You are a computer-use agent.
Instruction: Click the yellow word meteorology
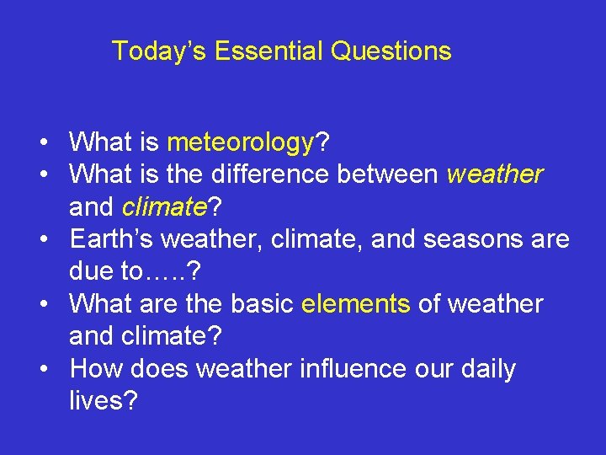point(240,143)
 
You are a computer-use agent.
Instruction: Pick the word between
point(387,174)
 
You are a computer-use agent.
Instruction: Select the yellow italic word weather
point(495,174)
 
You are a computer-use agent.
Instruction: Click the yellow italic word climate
point(164,206)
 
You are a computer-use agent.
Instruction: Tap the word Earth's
point(112,239)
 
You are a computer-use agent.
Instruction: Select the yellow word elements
point(355,303)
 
